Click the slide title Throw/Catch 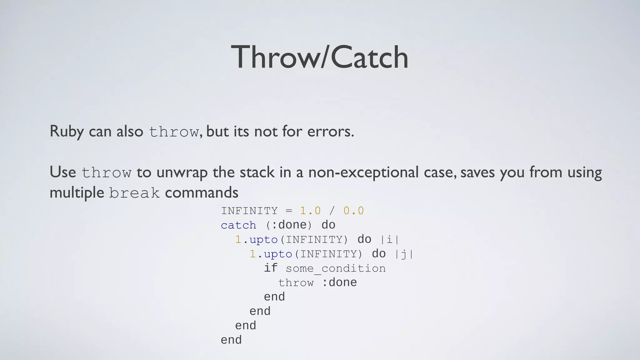[320, 57]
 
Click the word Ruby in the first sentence [67, 131]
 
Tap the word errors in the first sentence [330, 131]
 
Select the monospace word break [134, 193]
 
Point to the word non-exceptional [363, 172]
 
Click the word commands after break [202, 192]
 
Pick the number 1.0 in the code [310, 211]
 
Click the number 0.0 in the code [353, 211]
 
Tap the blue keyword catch [238, 225]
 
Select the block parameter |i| [390, 239]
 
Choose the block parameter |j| [404, 254]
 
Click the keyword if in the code [271, 268]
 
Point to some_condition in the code [335, 268]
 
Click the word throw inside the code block [296, 282]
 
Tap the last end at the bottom [231, 340]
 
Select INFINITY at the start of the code [249, 211]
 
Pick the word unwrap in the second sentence [182, 172]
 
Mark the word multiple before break [77, 192]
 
